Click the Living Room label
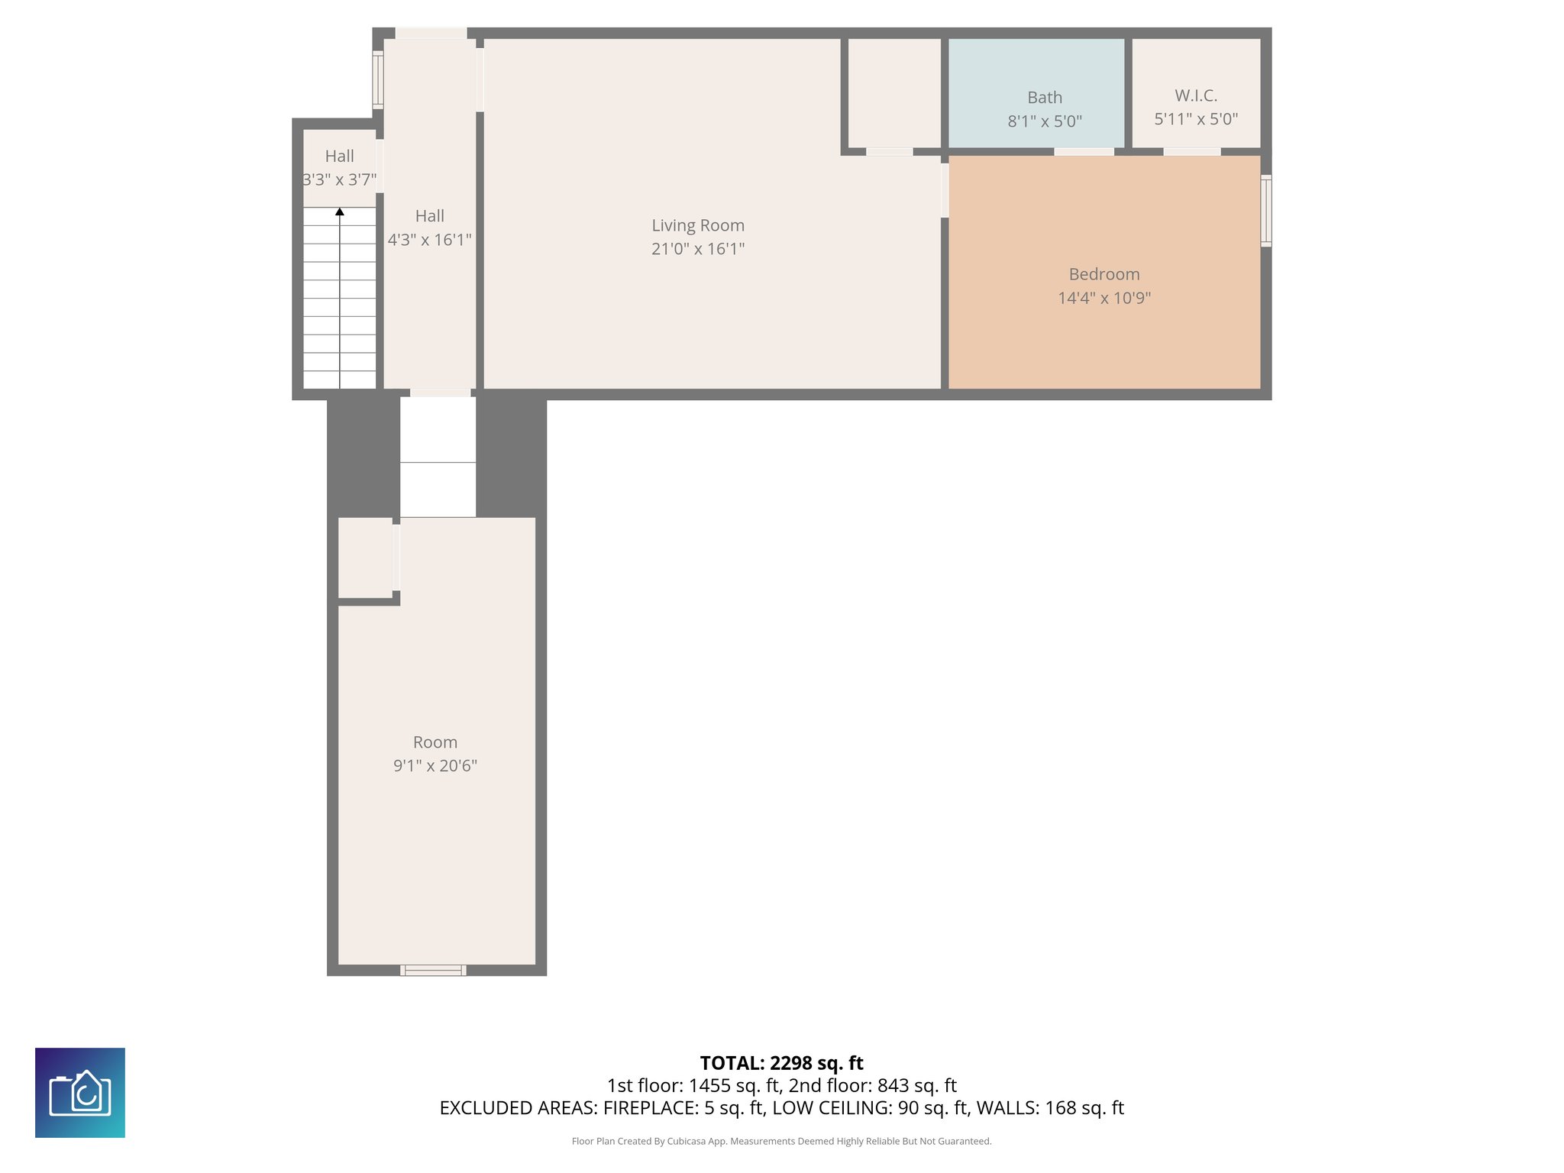click(697, 225)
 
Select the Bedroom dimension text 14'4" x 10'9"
click(1104, 298)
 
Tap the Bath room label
click(1044, 98)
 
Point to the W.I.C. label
click(1195, 95)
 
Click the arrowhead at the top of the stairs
click(340, 212)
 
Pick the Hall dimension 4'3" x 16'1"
click(429, 240)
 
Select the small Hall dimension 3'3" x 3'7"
click(339, 180)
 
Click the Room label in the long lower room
click(435, 742)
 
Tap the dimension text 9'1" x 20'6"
click(435, 766)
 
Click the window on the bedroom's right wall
click(1265, 210)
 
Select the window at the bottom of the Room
click(433, 970)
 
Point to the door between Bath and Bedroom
click(1084, 152)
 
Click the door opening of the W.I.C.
click(1191, 152)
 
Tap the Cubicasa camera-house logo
click(80, 1093)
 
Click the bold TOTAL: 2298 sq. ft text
click(781, 1063)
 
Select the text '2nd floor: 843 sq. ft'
click(872, 1085)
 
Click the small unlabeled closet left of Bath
click(894, 92)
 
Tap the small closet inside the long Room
click(366, 557)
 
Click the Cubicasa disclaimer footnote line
click(781, 1141)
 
